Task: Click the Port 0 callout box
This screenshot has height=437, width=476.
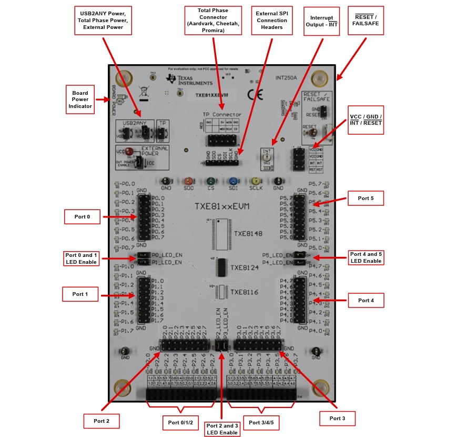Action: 82,216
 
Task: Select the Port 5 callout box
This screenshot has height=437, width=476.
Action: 366,198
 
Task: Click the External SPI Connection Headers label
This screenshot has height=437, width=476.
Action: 272,21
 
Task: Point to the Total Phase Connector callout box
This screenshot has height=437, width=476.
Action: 213,21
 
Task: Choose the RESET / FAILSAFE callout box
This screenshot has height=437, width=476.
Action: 366,21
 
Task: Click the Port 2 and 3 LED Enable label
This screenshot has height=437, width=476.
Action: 221,429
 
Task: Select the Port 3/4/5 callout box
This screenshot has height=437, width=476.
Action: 261,422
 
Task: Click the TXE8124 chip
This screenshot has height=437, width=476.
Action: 222,267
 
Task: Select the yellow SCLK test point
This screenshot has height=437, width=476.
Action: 256,181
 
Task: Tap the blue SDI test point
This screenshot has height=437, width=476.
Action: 233,181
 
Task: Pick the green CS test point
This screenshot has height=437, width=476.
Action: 210,181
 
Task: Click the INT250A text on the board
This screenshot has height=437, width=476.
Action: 286,77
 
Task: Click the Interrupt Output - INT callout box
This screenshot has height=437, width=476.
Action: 322,21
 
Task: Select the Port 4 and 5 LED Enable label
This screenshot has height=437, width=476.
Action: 366,257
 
